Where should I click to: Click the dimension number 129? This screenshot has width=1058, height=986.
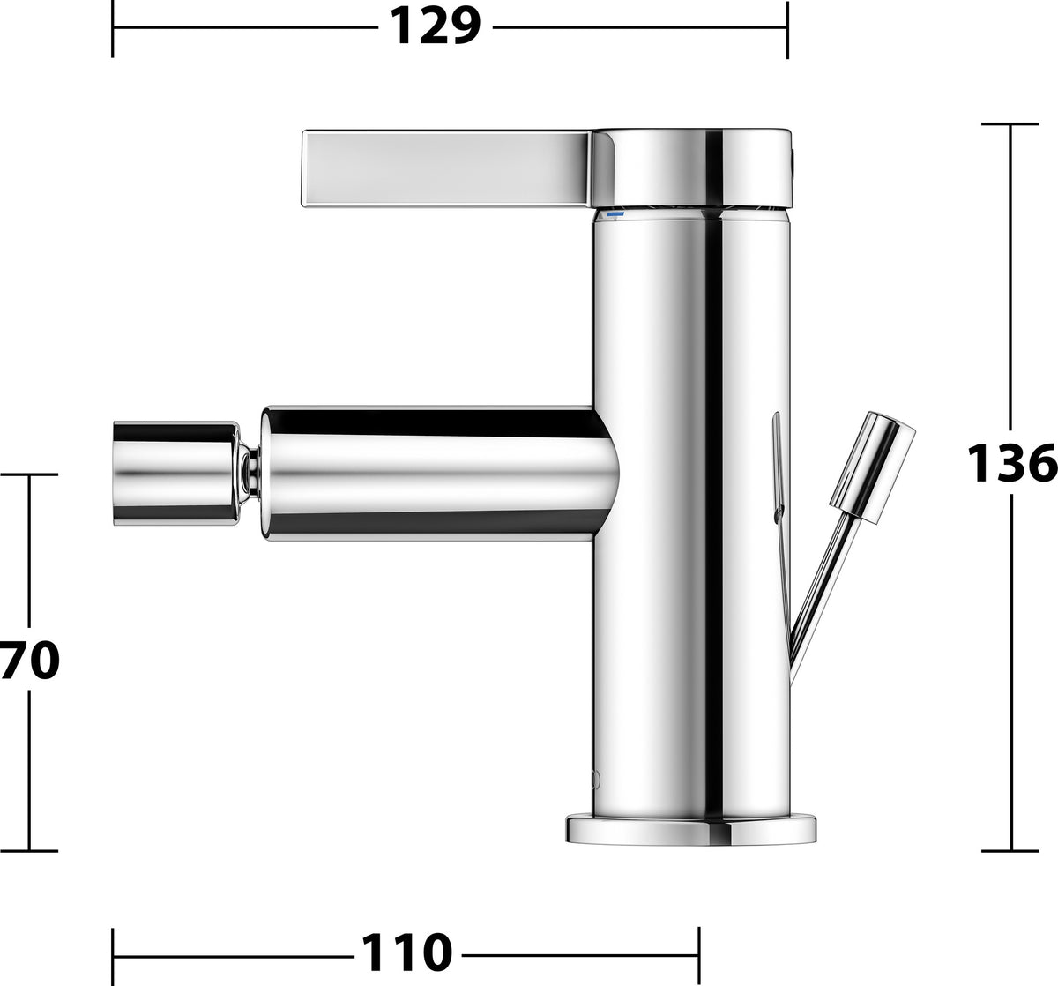pyautogui.click(x=436, y=26)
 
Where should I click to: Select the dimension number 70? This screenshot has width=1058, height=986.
pyautogui.click(x=29, y=661)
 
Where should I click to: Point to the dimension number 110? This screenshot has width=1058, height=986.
pyautogui.click(x=407, y=953)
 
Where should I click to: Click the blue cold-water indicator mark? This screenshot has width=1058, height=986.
pyautogui.click(x=615, y=214)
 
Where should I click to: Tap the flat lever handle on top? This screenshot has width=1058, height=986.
pyautogui.click(x=448, y=168)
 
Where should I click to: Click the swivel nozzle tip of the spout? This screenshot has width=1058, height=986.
pyautogui.click(x=176, y=474)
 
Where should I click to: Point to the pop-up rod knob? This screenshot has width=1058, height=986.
pyautogui.click(x=872, y=467)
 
